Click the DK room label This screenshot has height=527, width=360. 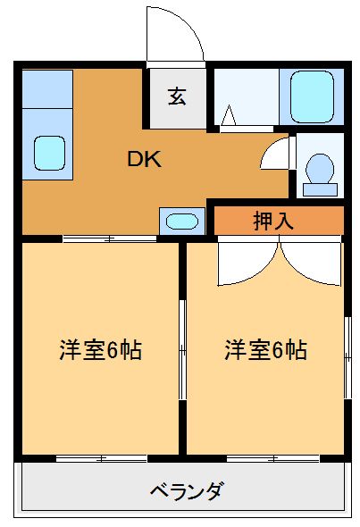click(x=143, y=160)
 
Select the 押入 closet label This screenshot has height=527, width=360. click(x=273, y=221)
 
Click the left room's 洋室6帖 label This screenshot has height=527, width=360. click(x=100, y=349)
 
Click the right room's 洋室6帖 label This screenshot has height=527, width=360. click(x=265, y=349)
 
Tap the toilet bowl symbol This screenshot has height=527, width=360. click(x=319, y=169)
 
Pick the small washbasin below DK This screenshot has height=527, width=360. click(x=181, y=221)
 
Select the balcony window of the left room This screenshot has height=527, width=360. click(x=100, y=458)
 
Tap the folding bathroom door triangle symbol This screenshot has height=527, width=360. click(x=229, y=116)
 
